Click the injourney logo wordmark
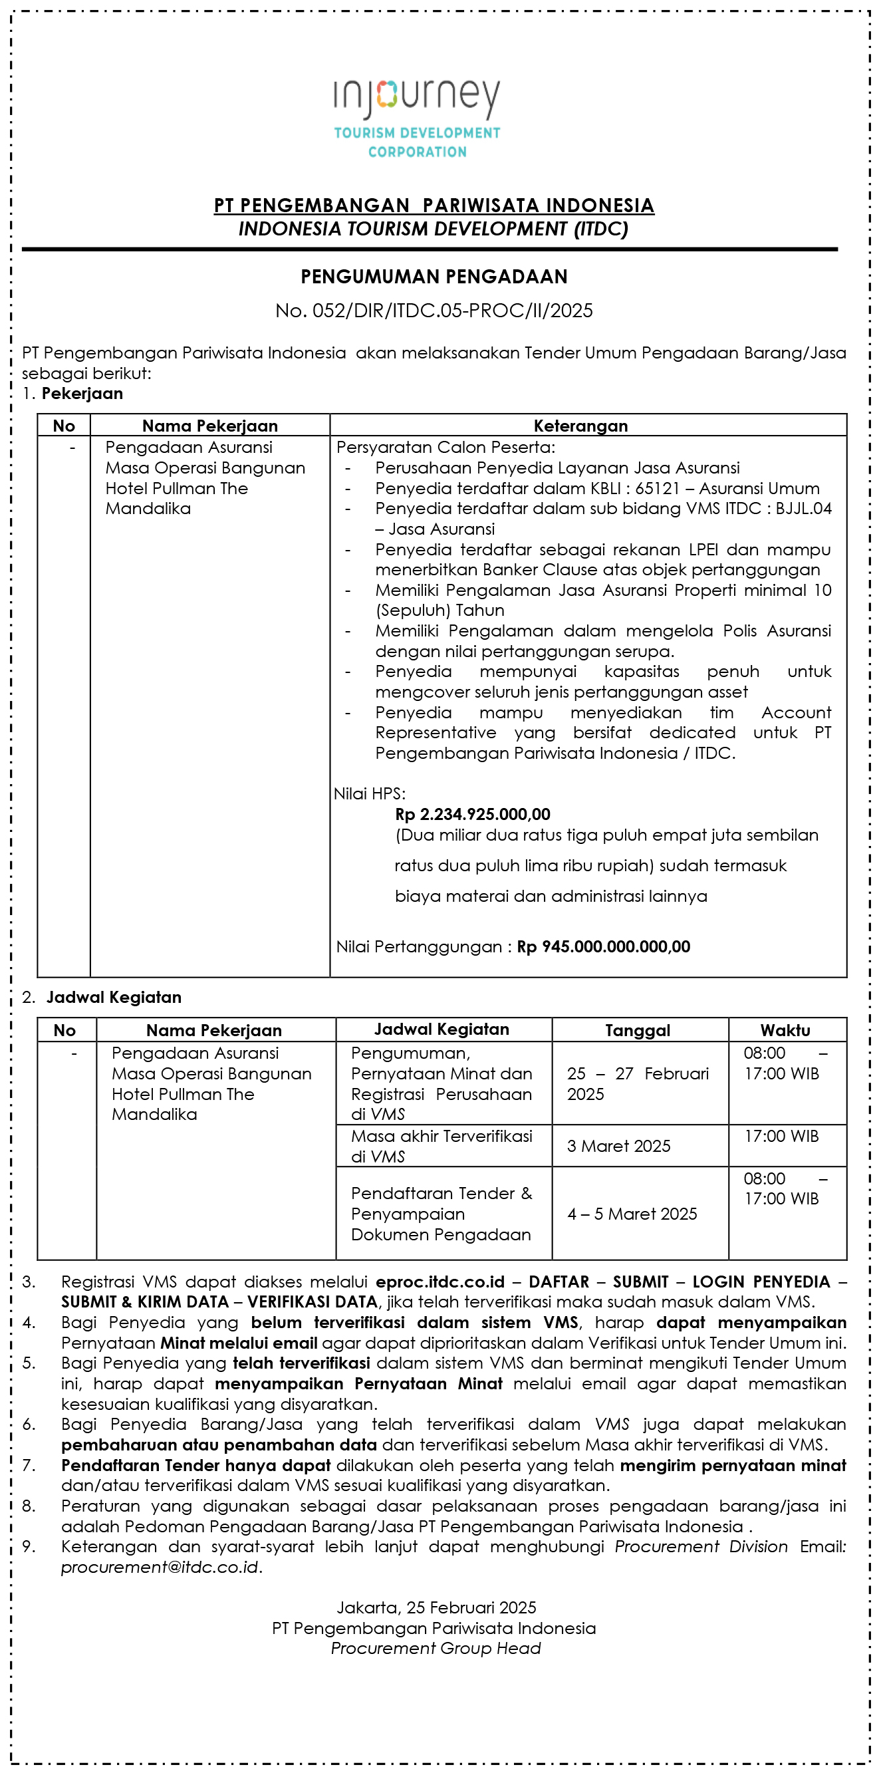pyautogui.click(x=417, y=97)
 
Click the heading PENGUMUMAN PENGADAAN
pyautogui.click(x=434, y=277)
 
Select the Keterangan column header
pyautogui.click(x=580, y=426)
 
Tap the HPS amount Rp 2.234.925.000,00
pyautogui.click(x=473, y=815)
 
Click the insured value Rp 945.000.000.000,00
pyautogui.click(x=604, y=947)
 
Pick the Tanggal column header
pyautogui.click(x=638, y=1030)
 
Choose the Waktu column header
pyautogui.click(x=785, y=1030)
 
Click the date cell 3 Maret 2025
pyautogui.click(x=618, y=1146)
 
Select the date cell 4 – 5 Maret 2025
pyautogui.click(x=632, y=1214)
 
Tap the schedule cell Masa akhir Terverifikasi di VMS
pyautogui.click(x=441, y=1146)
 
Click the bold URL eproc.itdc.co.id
pyautogui.click(x=440, y=1282)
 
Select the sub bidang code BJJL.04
pyautogui.click(x=803, y=509)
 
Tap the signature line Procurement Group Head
pyautogui.click(x=436, y=1648)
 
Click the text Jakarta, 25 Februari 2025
pyautogui.click(x=436, y=1607)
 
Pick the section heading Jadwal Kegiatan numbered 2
pyautogui.click(x=114, y=997)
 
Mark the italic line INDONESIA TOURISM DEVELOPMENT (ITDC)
pyautogui.click(x=434, y=229)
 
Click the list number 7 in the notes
pyautogui.click(x=27, y=1466)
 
